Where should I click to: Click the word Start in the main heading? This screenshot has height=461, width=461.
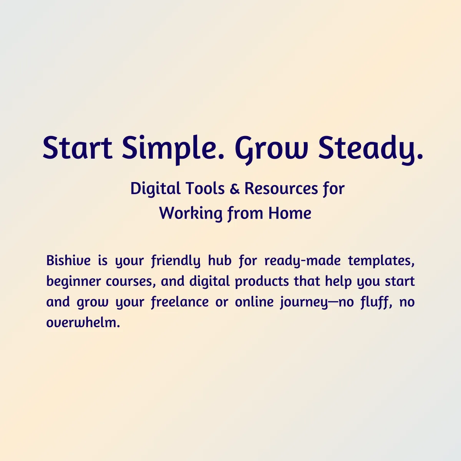[77, 148]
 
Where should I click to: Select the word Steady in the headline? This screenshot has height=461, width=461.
[370, 149]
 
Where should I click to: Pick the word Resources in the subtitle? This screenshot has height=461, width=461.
[281, 189]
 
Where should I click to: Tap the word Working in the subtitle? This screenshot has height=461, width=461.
[191, 214]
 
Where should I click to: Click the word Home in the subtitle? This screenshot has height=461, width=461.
[290, 213]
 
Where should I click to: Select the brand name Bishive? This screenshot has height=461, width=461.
[68, 260]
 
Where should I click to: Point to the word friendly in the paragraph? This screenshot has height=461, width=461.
[176, 261]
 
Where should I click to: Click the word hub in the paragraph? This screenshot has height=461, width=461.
[220, 260]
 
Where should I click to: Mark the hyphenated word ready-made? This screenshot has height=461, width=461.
[302, 261]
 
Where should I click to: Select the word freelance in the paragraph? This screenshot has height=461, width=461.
[180, 302]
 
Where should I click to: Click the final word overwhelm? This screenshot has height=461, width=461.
[83, 323]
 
